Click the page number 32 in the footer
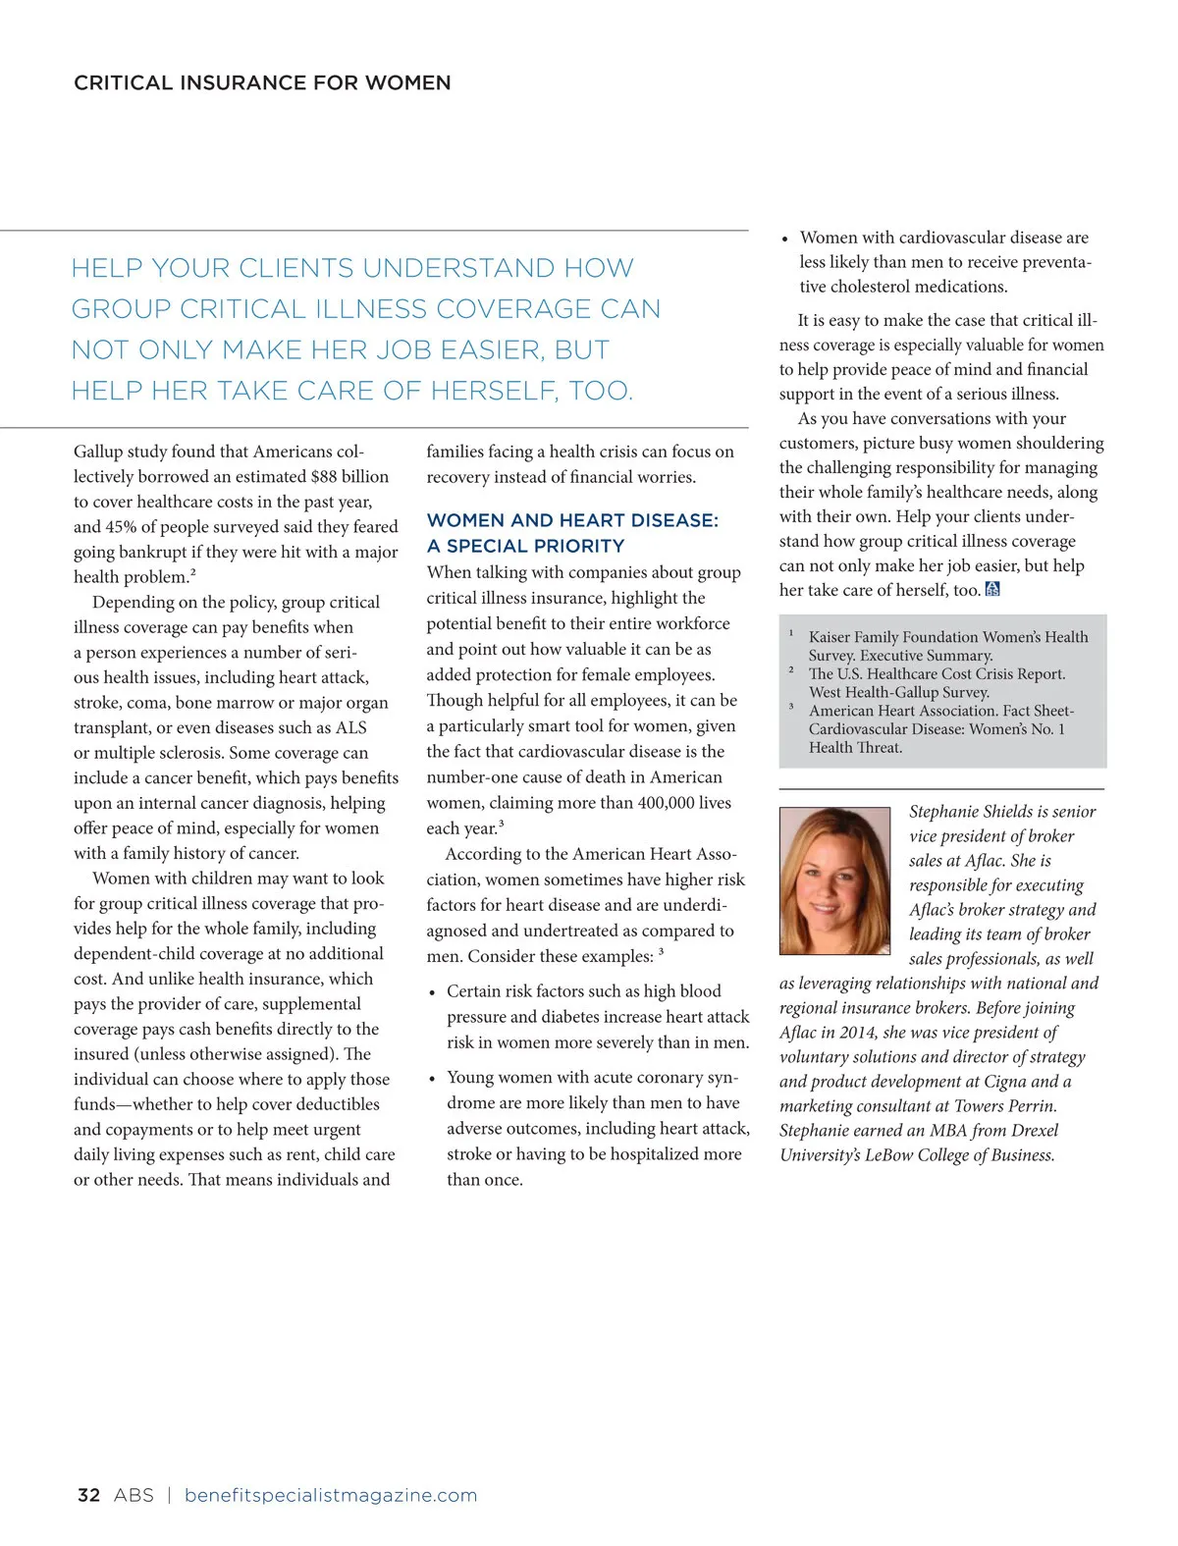(x=88, y=1495)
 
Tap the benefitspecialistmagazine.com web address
(x=331, y=1495)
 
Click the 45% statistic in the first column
(x=120, y=527)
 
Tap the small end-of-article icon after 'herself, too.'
(x=992, y=590)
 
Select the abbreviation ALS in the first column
(x=350, y=727)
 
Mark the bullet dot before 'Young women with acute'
(x=432, y=1079)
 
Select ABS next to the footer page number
(x=134, y=1495)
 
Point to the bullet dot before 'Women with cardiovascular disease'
(x=785, y=239)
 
